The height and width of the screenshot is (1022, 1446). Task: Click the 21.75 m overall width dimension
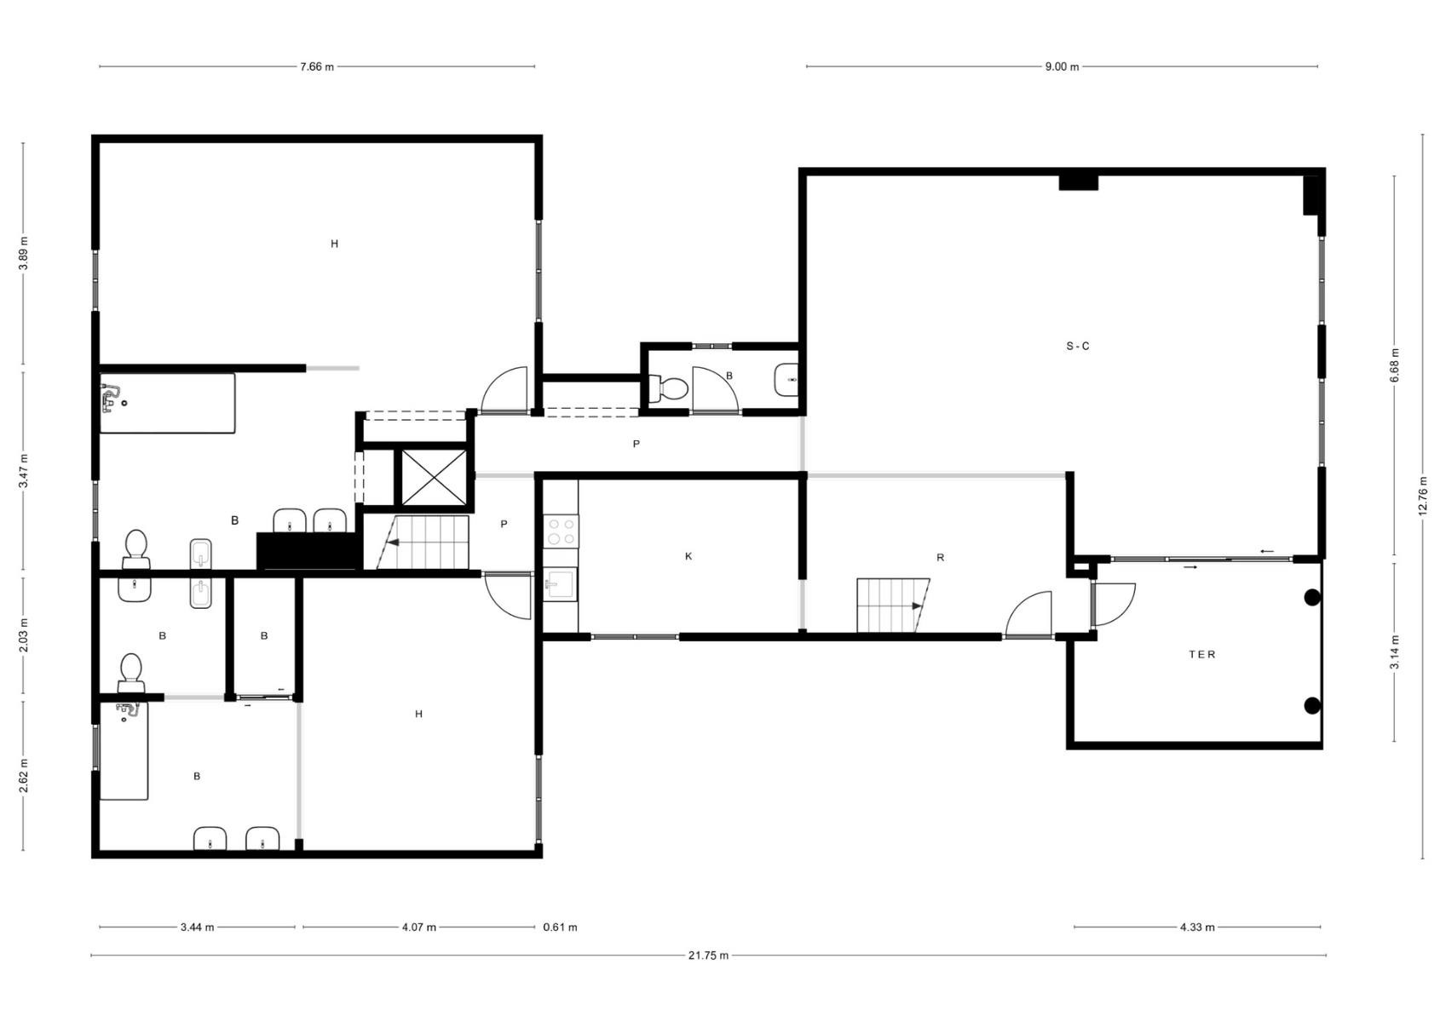[708, 956]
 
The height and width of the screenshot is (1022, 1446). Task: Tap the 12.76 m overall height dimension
[1423, 497]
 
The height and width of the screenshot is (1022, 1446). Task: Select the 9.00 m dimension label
[1062, 66]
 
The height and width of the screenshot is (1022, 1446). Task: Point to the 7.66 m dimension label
[317, 66]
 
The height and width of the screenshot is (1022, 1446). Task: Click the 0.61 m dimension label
[561, 927]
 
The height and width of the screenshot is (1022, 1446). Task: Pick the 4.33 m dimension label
[1197, 927]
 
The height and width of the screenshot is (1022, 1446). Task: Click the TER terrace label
[1202, 654]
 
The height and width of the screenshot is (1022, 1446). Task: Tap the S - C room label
[1077, 347]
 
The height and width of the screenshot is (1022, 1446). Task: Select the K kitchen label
[688, 556]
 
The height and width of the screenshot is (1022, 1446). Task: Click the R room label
[941, 558]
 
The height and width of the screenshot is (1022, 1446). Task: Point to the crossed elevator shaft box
[434, 478]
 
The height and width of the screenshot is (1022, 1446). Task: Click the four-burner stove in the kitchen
[561, 531]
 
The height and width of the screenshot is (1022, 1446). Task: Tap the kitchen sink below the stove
[561, 584]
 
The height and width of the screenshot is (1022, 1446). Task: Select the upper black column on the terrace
[1311, 598]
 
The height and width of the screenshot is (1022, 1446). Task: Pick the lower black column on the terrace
[1311, 706]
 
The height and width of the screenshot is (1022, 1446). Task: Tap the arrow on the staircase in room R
[917, 606]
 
